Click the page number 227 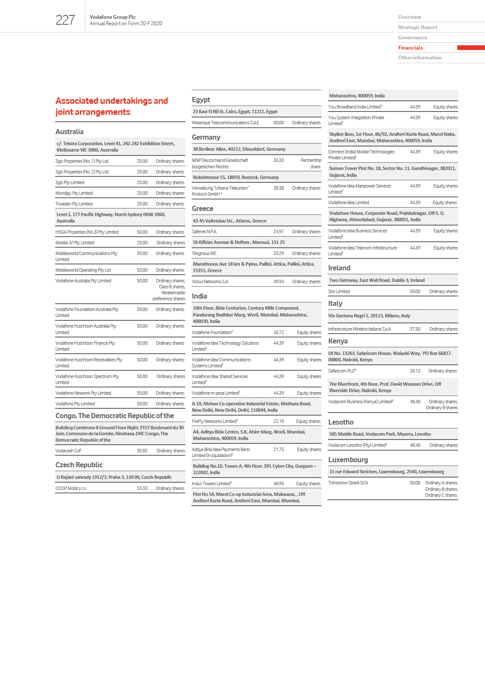(x=65, y=20)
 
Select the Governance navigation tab (x=412, y=38)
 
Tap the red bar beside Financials (x=470, y=48)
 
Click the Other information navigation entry (x=420, y=58)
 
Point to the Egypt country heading (x=201, y=100)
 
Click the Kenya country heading (x=338, y=341)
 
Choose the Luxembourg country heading (x=348, y=460)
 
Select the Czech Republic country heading (x=79, y=465)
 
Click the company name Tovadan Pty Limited (x=74, y=204)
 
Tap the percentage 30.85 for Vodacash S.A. (x=142, y=451)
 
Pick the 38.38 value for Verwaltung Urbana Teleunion (x=278, y=188)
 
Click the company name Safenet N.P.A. (x=204, y=232)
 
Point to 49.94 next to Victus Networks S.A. (x=278, y=281)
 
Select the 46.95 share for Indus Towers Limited (x=278, y=484)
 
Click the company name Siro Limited (x=339, y=291)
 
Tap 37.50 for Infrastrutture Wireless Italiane (x=415, y=329)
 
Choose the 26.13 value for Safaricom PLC (x=415, y=371)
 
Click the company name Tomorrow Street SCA (x=348, y=483)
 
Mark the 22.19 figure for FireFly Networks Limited (x=278, y=421)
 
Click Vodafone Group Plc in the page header (x=113, y=17)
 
